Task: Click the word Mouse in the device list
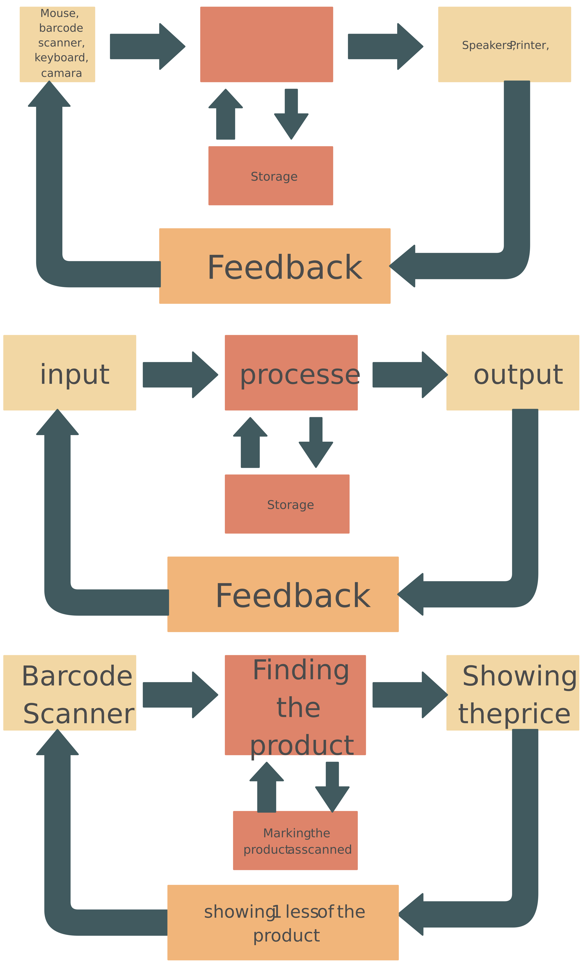(60, 13)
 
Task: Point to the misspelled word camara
(62, 73)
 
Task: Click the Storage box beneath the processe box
(287, 504)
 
